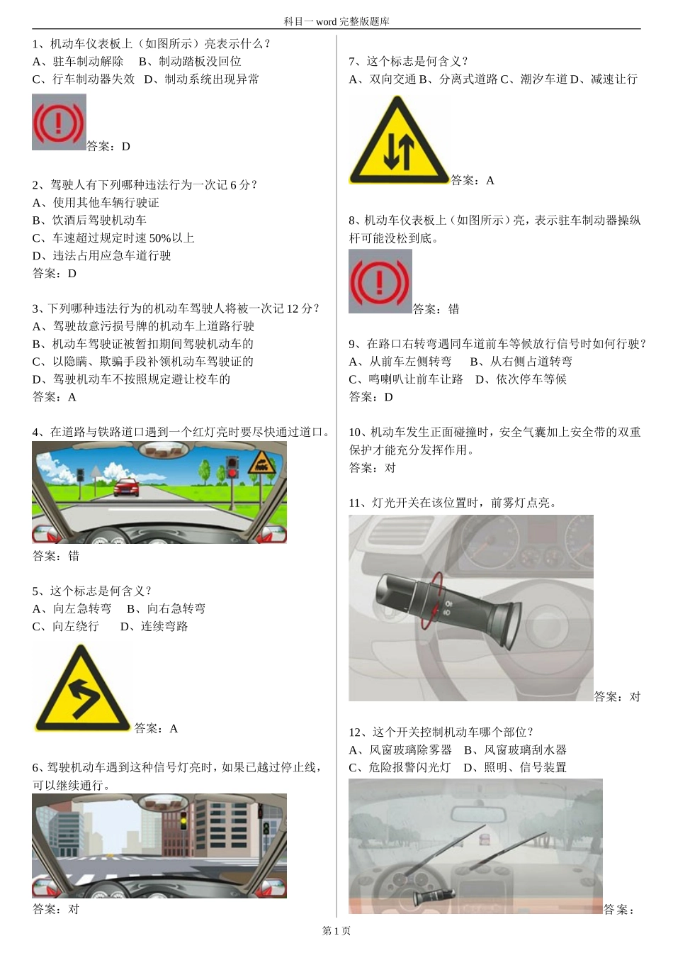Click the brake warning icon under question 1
59,122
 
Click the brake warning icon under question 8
380,282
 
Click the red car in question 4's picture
126,486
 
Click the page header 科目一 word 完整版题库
336,21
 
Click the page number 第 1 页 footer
336,931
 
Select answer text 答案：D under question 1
108,147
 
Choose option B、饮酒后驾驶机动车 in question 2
89,221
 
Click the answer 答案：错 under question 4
56,556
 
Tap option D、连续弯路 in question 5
154,627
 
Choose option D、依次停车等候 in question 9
521,379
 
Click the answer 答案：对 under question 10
372,468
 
